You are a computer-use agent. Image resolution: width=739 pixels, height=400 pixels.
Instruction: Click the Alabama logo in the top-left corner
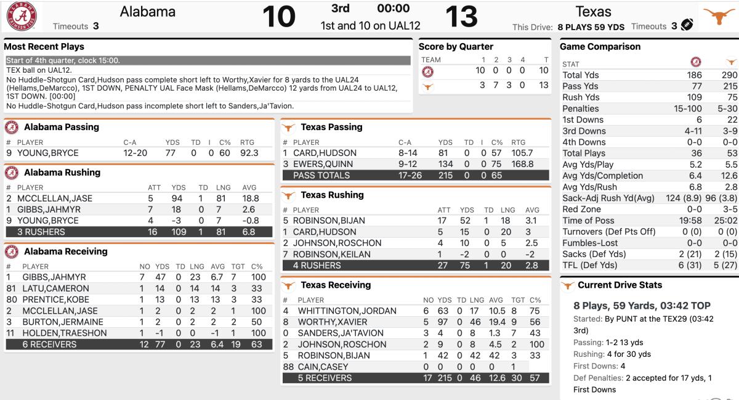pyautogui.click(x=22, y=16)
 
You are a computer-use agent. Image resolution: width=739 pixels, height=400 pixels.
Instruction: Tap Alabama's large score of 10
pyautogui.click(x=279, y=17)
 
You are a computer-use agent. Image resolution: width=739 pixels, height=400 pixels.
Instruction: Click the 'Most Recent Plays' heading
pyautogui.click(x=44, y=47)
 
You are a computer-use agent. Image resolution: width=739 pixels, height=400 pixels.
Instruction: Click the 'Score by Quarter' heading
pyautogui.click(x=456, y=47)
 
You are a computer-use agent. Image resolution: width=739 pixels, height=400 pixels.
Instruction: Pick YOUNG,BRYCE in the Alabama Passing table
pyautogui.click(x=41, y=153)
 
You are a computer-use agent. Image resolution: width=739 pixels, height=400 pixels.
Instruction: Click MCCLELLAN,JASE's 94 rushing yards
pyautogui.click(x=178, y=198)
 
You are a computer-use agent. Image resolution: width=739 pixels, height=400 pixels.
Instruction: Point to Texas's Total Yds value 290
pyautogui.click(x=721, y=75)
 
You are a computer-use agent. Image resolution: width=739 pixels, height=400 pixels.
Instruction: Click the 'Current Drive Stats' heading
pyautogui.click(x=620, y=285)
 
